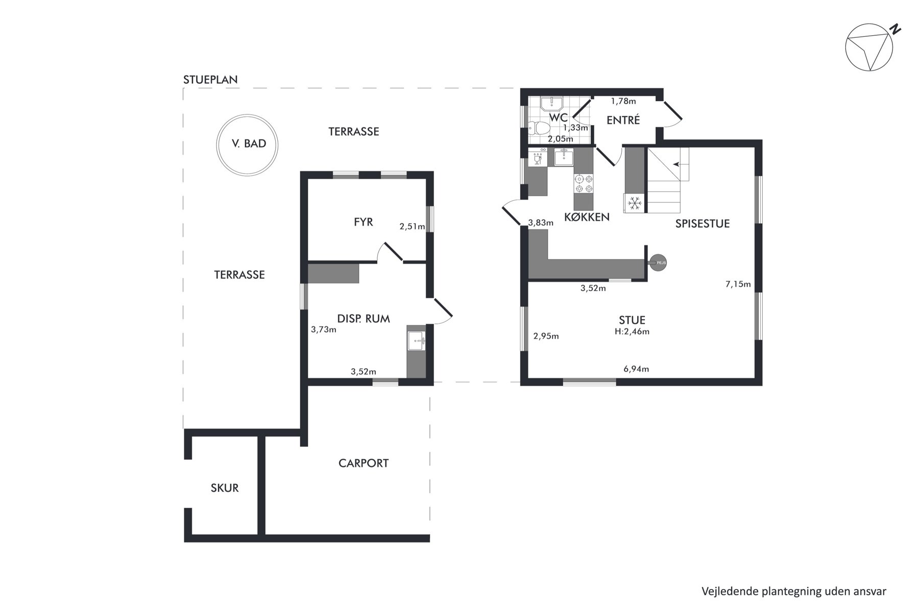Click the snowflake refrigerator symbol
coord(635,203)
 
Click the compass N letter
coord(895,30)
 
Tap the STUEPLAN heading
coord(210,80)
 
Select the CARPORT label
coord(364,463)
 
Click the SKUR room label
coord(225,488)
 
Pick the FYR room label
coord(364,222)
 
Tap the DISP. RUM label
coord(364,319)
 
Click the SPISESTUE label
coord(703,224)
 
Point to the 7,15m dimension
coord(738,284)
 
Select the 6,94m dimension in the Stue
coord(636,369)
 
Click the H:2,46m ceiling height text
coord(632,332)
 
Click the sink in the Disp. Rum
coord(417,340)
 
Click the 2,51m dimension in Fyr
coord(413,227)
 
